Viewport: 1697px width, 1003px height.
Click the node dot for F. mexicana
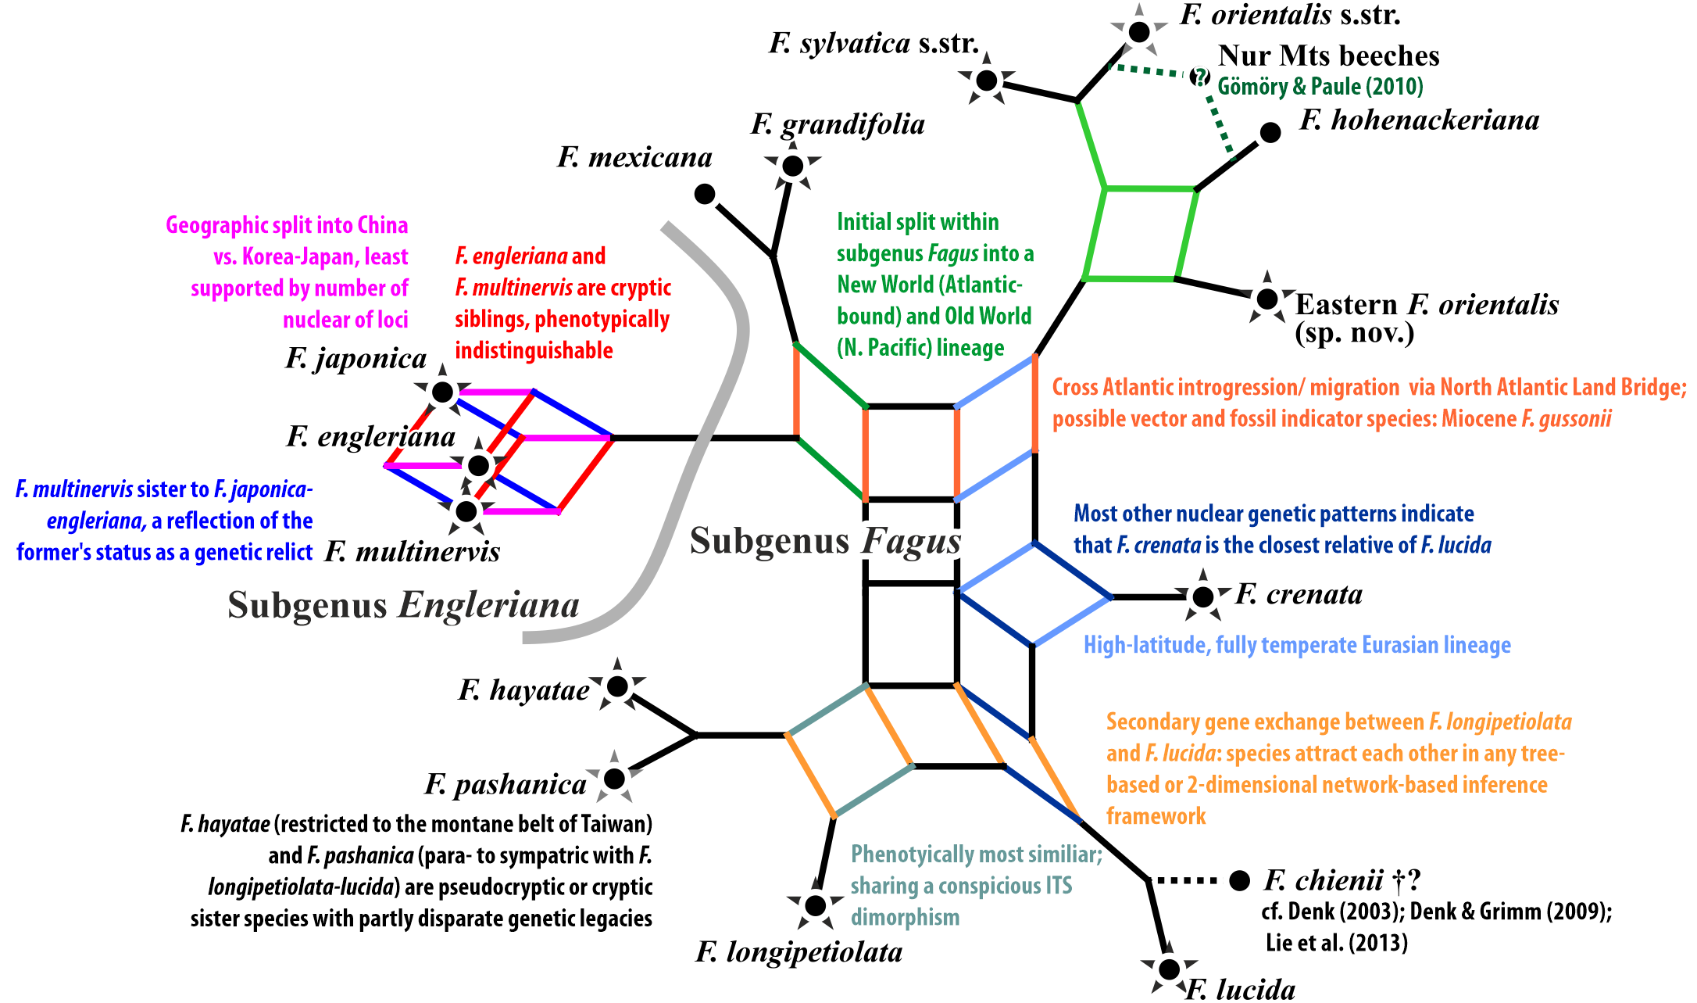point(705,194)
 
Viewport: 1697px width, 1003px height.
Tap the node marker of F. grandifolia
point(793,166)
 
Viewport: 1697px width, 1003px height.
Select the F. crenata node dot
point(1203,597)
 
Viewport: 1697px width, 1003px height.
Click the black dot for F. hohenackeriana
point(1271,133)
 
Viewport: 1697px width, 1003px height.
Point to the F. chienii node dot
point(1240,880)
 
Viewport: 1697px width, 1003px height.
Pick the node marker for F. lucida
point(1169,969)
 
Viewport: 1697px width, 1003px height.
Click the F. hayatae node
point(617,686)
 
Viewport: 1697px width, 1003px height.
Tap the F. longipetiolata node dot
point(815,905)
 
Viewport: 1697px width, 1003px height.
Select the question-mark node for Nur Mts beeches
point(1199,77)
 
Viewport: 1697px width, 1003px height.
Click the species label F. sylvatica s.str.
point(874,43)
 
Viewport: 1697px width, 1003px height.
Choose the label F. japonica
point(356,358)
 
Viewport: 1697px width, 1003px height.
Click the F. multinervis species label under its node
point(413,551)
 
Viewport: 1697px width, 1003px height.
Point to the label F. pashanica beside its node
point(506,784)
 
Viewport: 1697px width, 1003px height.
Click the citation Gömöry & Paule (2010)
point(1320,86)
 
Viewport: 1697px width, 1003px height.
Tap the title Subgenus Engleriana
point(403,605)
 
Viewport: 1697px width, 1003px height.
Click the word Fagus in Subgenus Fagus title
point(912,542)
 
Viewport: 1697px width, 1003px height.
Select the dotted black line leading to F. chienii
point(1186,881)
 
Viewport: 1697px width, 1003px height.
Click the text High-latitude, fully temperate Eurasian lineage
point(1297,645)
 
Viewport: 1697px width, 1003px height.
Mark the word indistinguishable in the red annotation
point(534,350)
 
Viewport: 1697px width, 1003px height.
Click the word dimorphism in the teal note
point(905,917)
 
